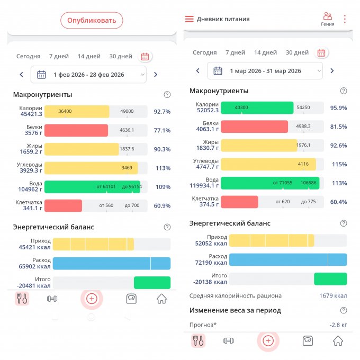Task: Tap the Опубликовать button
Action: click(x=92, y=20)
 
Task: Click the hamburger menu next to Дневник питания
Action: click(x=189, y=19)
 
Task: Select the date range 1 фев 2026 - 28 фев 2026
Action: click(x=88, y=75)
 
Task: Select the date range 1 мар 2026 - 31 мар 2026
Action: click(x=265, y=71)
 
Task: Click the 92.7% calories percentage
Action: click(x=162, y=112)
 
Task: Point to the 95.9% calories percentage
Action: click(x=338, y=108)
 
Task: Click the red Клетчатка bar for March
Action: click(x=239, y=202)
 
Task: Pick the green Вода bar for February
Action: click(x=92, y=187)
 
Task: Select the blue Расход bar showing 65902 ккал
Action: click(x=111, y=264)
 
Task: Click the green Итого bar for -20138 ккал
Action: click(x=330, y=279)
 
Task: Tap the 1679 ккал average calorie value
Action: click(x=333, y=296)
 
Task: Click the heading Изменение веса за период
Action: click(x=235, y=310)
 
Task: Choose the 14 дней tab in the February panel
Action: click(x=89, y=56)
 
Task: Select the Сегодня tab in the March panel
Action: click(x=204, y=52)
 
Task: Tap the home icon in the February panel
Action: click(x=161, y=299)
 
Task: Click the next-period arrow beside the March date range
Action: click(x=332, y=71)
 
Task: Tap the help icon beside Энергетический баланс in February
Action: click(x=167, y=227)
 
